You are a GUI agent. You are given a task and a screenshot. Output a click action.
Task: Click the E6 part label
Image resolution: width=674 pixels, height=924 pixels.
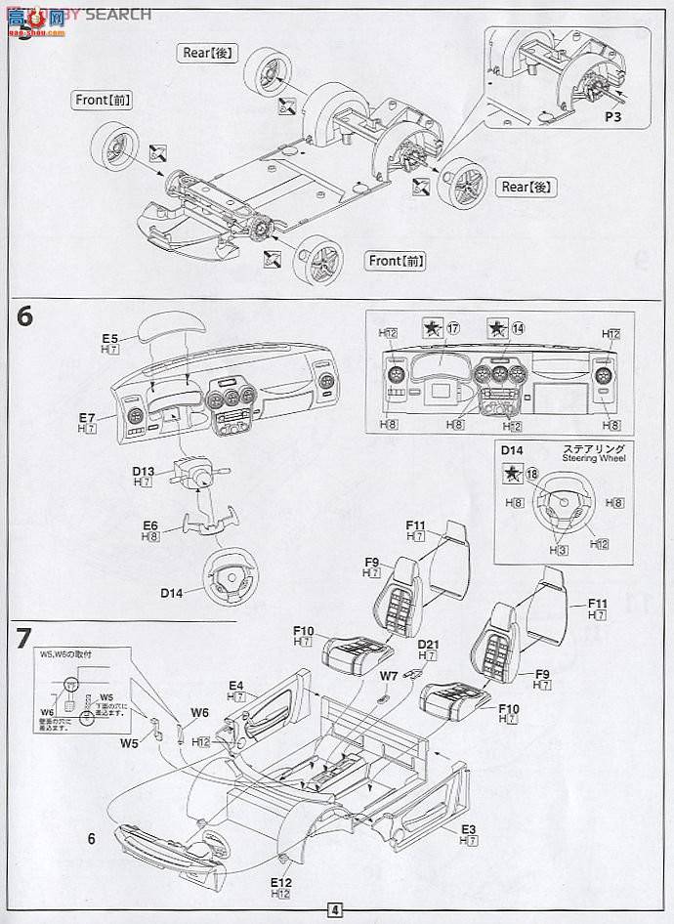tap(150, 525)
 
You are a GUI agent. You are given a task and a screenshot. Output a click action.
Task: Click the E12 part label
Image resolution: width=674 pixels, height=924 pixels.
tap(282, 883)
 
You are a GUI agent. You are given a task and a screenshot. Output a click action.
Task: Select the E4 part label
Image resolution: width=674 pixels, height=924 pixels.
tap(237, 686)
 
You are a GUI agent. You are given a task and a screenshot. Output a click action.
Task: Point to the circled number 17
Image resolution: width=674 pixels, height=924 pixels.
tap(453, 328)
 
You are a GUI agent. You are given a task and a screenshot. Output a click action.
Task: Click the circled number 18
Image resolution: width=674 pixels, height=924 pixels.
tap(531, 473)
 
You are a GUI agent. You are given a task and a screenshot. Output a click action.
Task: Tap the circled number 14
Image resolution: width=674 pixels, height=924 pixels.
tap(518, 328)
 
